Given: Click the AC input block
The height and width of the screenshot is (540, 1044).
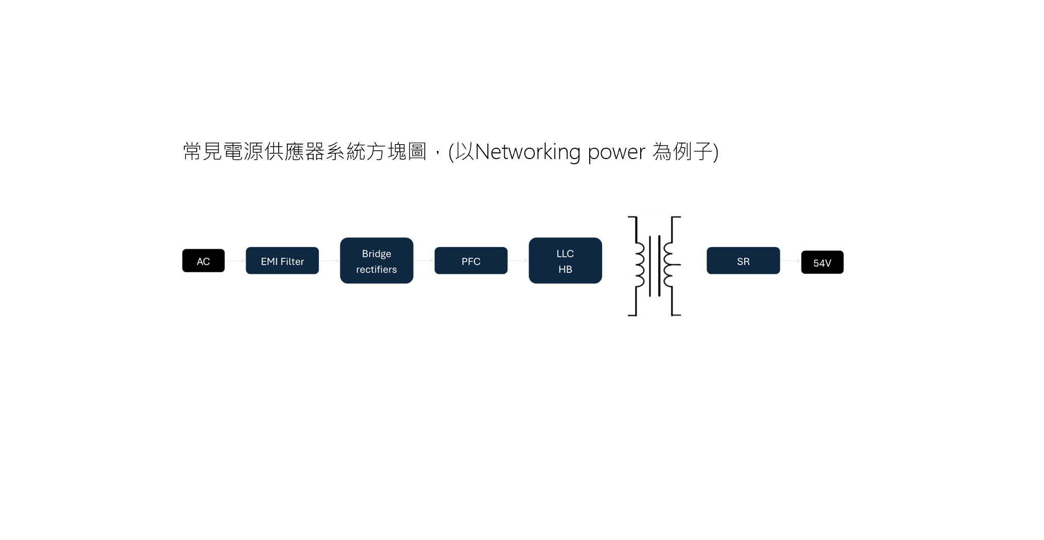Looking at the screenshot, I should (203, 261).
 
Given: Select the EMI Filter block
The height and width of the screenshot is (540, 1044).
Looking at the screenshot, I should (282, 261).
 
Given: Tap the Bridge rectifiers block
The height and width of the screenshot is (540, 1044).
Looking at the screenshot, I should (376, 260).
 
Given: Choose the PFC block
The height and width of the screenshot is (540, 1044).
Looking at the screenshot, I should (471, 261).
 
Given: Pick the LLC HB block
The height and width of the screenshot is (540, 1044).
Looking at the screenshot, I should (565, 260).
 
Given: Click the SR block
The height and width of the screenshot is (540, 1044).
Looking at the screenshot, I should (743, 261).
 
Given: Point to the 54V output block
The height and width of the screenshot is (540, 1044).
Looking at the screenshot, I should (822, 263).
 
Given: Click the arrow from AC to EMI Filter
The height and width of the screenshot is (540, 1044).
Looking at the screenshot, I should (235, 261).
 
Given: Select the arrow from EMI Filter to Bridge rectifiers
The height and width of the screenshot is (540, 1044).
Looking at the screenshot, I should (330, 261).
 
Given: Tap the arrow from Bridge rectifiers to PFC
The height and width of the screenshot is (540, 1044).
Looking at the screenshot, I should (424, 261).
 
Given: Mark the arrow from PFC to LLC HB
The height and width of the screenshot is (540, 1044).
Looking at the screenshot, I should (518, 261).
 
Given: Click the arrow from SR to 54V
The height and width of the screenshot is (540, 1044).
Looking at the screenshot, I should (791, 261).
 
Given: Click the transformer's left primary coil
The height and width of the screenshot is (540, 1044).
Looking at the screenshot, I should (639, 265).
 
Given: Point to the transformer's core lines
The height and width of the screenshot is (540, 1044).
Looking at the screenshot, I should (655, 266).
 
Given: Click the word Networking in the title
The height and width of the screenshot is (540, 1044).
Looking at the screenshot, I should (527, 152).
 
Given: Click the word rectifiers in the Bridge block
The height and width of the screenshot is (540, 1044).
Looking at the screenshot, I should (376, 269).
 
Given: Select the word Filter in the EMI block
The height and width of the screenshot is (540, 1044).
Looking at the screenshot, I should (292, 262).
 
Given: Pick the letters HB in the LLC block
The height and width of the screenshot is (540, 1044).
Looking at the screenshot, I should (565, 269).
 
